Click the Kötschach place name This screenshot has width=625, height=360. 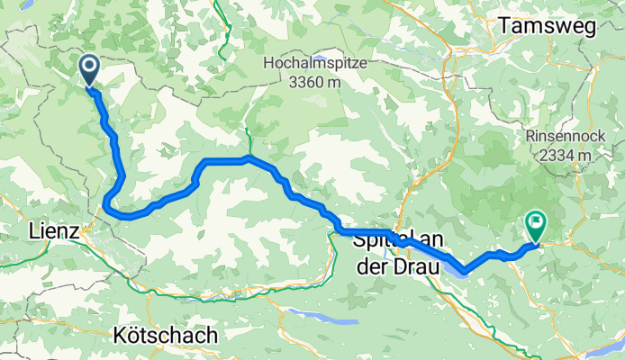pyautogui.click(x=167, y=335)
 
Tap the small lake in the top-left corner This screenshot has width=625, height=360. pyautogui.click(x=26, y=4)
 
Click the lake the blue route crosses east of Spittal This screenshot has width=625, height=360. pyautogui.click(x=450, y=262)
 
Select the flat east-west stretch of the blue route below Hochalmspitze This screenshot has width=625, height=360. pyautogui.click(x=225, y=160)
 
